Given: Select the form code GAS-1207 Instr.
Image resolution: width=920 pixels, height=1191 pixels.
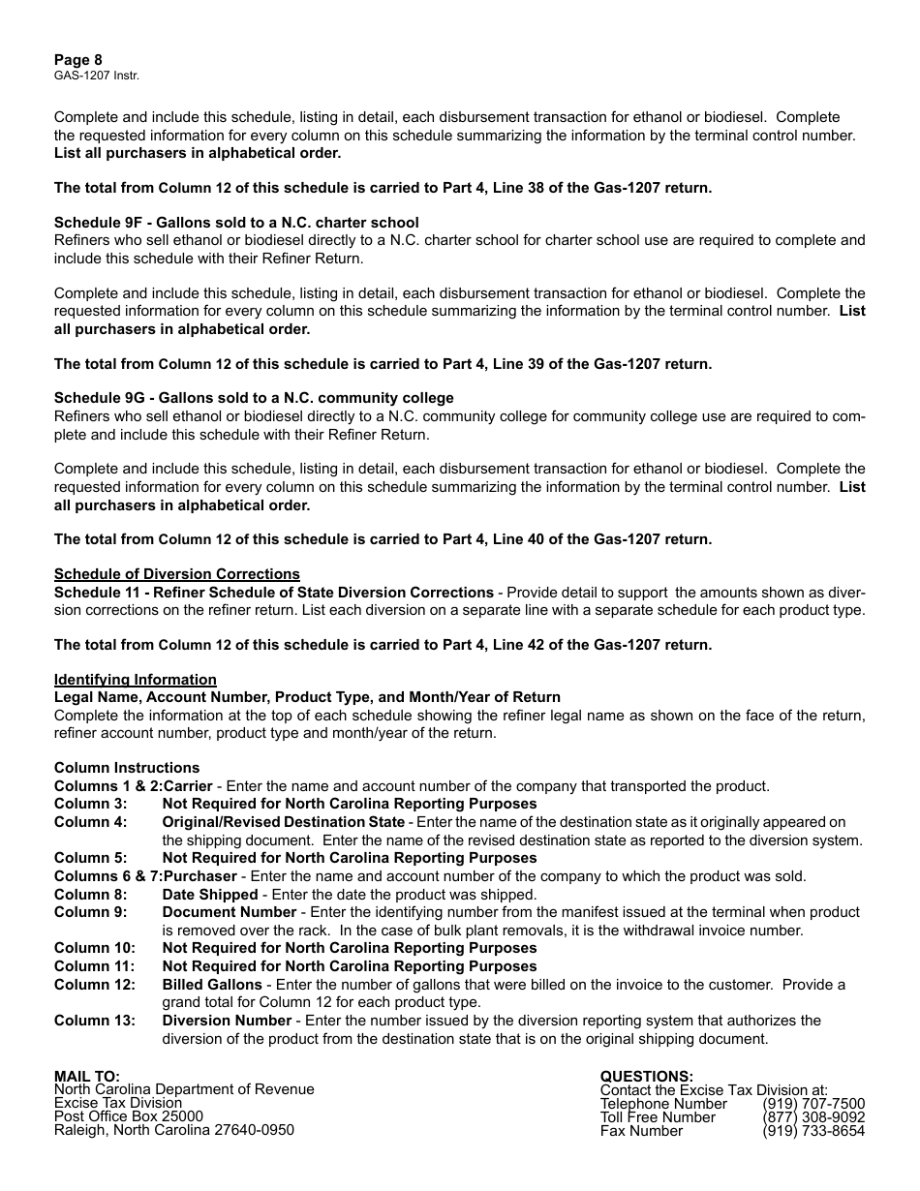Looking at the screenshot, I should pyautogui.click(x=90, y=75).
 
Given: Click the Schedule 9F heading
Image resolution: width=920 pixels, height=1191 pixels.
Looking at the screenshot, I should pyautogui.click(x=236, y=223).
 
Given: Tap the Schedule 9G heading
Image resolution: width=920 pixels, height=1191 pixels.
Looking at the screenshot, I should pyautogui.click(x=254, y=398).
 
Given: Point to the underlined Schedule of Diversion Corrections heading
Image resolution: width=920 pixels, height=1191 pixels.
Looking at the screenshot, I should pyautogui.click(x=176, y=574).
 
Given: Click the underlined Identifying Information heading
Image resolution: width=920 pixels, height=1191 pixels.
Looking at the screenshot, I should pyautogui.click(x=135, y=680).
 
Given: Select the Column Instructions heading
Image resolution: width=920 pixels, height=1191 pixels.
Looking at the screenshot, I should pyautogui.click(x=126, y=768).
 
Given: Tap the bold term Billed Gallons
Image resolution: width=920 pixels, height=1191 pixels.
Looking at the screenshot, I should pyautogui.click(x=212, y=985).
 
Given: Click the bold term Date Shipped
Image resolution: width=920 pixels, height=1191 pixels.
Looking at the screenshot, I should pyautogui.click(x=210, y=895).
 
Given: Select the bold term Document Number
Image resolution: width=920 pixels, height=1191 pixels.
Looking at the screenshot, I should pyautogui.click(x=230, y=912).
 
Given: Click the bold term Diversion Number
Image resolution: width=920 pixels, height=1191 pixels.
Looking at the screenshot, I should pyautogui.click(x=227, y=1021).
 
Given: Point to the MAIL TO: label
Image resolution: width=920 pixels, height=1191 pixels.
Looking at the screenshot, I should pyautogui.click(x=87, y=1076).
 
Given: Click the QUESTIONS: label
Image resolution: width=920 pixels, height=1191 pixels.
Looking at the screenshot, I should pyautogui.click(x=647, y=1076).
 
